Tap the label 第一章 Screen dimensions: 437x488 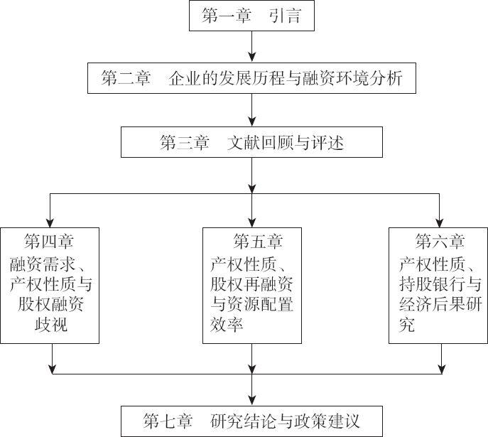(x=225, y=17)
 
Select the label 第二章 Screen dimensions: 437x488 (x=126, y=79)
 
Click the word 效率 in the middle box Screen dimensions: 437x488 (x=227, y=325)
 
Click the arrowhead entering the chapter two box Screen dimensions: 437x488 (x=252, y=58)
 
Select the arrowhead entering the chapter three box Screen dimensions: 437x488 (x=252, y=122)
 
